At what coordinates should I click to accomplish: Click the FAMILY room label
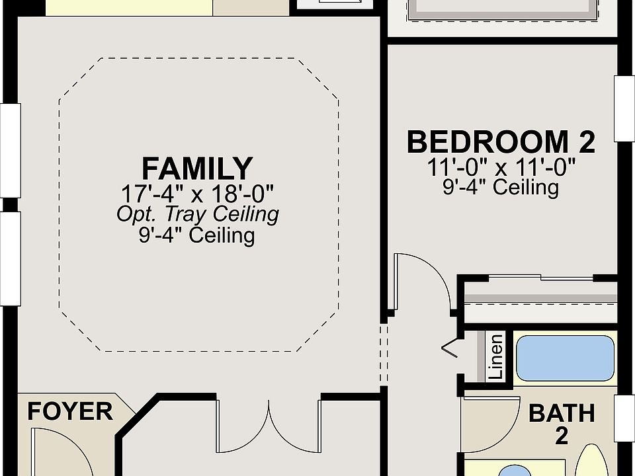pos(197,169)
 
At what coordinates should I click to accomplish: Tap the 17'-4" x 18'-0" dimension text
pos(198,194)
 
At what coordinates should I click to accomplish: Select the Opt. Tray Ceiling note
pos(198,214)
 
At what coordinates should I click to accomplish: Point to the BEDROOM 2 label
pos(501,141)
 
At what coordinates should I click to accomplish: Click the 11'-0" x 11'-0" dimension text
pos(501,167)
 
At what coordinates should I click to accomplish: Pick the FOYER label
pos(70,411)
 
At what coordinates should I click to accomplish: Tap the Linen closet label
pos(495,356)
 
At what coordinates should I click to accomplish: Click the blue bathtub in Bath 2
pos(566,358)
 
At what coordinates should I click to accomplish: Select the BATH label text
pos(562,413)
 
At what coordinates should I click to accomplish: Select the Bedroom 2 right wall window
pos(624,108)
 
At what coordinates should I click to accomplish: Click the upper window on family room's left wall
pos(11,151)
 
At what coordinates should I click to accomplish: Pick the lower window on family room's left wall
pos(11,258)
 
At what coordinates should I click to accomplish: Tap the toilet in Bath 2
pos(593,460)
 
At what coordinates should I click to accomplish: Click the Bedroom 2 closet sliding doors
pos(540,277)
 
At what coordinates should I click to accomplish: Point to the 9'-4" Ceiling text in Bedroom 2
pos(501,187)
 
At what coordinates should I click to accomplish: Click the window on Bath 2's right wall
pos(624,418)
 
